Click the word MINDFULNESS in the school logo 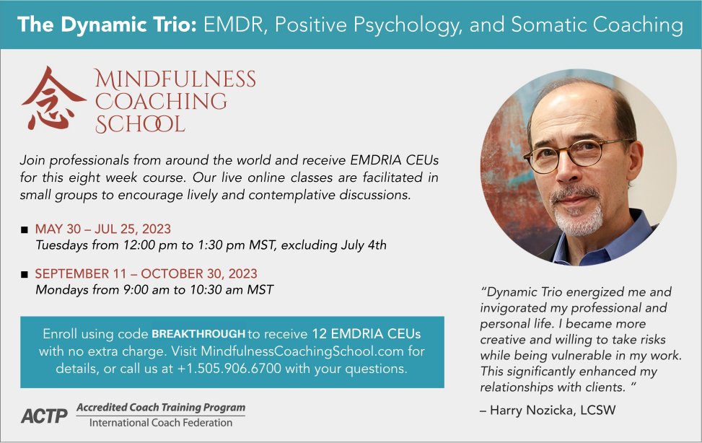click(175, 79)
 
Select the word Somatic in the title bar click(551, 25)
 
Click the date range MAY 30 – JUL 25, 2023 click(103, 229)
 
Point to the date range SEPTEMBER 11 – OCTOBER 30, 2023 click(146, 274)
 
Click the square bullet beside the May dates click(25, 230)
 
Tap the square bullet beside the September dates click(25, 275)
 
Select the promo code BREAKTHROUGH click(198, 335)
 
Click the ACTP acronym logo click(44, 416)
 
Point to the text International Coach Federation click(161, 423)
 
